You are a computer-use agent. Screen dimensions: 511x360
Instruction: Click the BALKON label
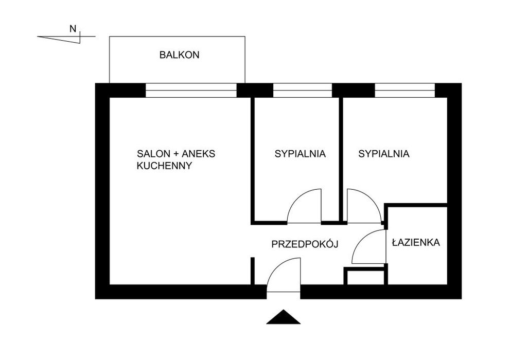(x=179, y=55)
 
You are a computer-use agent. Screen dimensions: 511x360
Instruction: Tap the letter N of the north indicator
(x=73, y=29)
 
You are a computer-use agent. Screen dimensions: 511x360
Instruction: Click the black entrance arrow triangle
(x=283, y=317)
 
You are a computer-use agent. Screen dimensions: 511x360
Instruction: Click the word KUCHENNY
(x=164, y=166)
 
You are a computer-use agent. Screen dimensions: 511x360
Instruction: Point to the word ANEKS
(x=199, y=153)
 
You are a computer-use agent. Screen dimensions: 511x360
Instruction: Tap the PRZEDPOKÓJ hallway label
(x=305, y=244)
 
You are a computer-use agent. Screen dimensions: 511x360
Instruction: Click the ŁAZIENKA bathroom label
(x=416, y=242)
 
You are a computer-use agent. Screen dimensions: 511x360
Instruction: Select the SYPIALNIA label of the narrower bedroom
(x=300, y=153)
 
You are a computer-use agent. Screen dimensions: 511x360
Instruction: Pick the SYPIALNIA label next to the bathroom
(x=384, y=153)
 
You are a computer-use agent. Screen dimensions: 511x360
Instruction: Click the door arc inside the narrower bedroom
(x=296, y=197)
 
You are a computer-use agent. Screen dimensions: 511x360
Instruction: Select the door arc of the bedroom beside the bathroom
(x=372, y=198)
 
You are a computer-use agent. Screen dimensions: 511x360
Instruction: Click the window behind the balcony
(x=191, y=90)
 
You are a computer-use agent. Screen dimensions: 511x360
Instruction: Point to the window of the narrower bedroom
(x=303, y=90)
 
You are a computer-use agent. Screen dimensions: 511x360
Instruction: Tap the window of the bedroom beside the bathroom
(x=405, y=90)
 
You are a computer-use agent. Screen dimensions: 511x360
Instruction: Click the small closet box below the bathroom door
(x=365, y=276)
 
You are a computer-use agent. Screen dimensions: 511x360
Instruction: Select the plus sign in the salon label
(x=175, y=154)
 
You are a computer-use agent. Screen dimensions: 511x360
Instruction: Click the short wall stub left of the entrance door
(x=253, y=271)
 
